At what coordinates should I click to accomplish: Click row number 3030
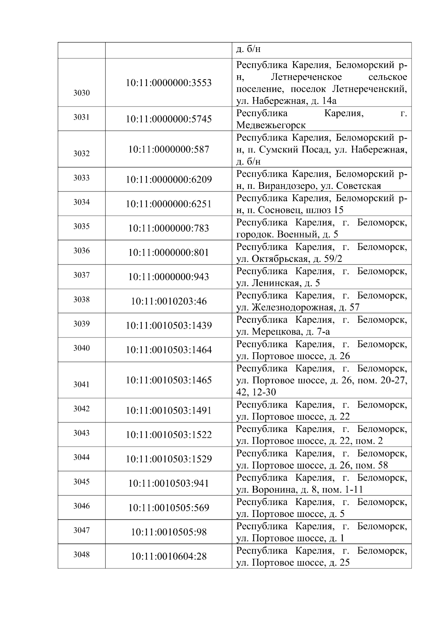81,93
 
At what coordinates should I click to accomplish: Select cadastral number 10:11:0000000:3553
169,83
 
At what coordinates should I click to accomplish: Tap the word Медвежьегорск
271,125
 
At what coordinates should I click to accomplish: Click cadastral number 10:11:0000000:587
169,149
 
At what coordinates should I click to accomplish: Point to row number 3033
81,178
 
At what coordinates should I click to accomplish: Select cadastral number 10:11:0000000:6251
169,204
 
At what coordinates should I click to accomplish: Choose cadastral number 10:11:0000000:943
169,277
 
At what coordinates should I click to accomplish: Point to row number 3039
81,324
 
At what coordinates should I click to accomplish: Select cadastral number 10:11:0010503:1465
169,380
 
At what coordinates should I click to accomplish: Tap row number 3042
81,409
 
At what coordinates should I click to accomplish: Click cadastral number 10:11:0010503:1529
169,459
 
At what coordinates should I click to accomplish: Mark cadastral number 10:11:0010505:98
169,532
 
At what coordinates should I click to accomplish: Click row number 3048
81,555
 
